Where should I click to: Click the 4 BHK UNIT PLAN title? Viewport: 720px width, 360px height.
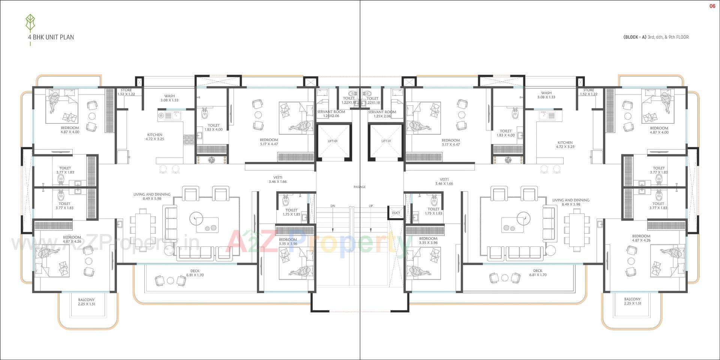pos(51,37)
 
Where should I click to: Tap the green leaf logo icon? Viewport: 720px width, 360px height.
pos(30,24)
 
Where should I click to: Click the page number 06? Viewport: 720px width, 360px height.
pos(712,6)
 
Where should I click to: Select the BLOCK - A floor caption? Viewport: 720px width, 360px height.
pos(655,37)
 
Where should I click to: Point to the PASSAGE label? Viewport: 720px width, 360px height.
pos(359,187)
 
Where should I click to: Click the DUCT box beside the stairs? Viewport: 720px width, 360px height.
pos(396,213)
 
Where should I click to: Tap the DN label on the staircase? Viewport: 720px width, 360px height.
pos(333,206)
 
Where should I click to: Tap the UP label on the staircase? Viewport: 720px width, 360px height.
pos(370,206)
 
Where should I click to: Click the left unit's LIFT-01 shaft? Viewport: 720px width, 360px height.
pos(333,141)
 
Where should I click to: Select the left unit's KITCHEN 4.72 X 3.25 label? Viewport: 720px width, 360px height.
pos(154,137)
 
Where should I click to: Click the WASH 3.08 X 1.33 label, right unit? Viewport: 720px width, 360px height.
pos(546,95)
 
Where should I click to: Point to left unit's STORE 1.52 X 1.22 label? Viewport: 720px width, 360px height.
pos(126,92)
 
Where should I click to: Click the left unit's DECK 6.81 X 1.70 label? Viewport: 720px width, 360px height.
pos(195,273)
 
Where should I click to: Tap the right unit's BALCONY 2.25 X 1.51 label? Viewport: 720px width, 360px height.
pos(632,301)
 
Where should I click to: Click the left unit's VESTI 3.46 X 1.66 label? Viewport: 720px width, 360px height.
pos(277,180)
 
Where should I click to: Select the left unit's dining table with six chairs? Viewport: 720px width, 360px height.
pos(142,229)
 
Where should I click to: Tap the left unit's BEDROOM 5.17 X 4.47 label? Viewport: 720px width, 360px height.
pos(269,142)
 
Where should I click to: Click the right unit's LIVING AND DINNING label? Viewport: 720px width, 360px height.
pos(571,202)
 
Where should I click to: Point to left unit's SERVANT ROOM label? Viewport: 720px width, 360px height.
pos(331,114)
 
